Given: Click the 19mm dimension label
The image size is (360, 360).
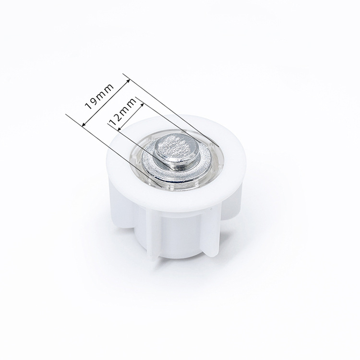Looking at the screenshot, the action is [99, 96].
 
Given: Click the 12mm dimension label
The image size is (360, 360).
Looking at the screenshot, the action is [123, 112].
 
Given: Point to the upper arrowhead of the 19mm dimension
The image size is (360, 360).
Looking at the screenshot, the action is [128, 81].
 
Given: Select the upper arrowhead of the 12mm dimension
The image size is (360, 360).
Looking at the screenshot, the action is [142, 105].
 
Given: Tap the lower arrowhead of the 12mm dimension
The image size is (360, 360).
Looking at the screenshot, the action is [120, 129].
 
